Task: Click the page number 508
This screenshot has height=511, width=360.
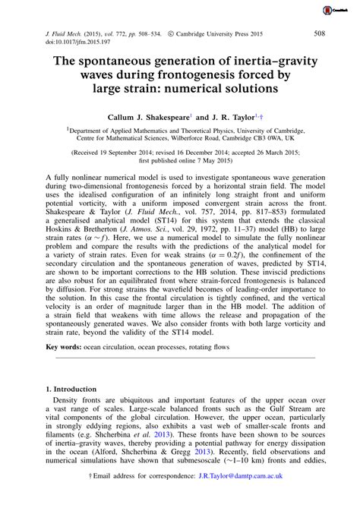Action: (x=320, y=34)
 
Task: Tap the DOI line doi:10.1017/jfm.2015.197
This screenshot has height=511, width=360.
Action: (x=67, y=43)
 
